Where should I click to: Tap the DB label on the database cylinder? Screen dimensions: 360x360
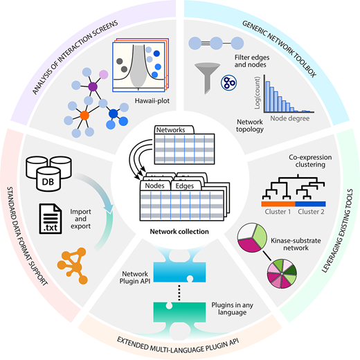(x=48, y=182)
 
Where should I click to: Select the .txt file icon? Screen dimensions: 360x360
(x=51, y=219)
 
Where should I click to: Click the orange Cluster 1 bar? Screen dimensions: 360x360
(x=278, y=204)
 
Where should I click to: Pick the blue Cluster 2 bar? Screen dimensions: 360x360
(x=310, y=204)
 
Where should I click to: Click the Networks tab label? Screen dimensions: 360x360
(x=171, y=130)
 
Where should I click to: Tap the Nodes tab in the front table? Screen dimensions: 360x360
(x=154, y=186)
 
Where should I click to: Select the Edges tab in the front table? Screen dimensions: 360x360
(x=185, y=186)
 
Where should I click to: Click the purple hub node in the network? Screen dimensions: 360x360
(x=93, y=87)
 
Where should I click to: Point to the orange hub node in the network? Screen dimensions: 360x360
(x=84, y=116)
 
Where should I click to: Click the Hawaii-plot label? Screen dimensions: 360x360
(x=152, y=101)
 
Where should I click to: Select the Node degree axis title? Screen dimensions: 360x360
(x=290, y=118)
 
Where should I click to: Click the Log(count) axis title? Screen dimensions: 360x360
(x=257, y=93)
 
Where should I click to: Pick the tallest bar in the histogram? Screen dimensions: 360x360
(x=268, y=96)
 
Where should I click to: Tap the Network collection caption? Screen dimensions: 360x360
(x=179, y=231)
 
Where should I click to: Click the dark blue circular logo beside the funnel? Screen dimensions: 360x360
(x=228, y=82)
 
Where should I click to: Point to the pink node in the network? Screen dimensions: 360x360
(x=104, y=75)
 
